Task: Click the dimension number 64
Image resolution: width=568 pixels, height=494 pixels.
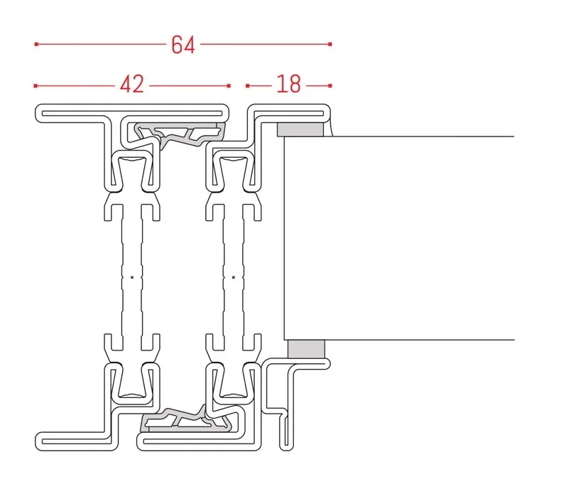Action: click(182, 45)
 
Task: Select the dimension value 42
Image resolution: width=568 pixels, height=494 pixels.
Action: click(132, 85)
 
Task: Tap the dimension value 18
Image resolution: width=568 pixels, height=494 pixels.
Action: click(288, 85)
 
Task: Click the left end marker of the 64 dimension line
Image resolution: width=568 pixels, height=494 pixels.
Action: click(35, 44)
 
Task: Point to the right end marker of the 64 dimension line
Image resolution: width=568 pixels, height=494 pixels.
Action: click(330, 44)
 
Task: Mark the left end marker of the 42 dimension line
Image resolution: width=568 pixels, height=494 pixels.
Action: click(35, 86)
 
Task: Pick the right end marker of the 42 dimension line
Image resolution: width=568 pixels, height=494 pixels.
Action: click(229, 86)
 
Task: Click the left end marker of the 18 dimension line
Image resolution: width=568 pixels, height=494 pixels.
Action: click(247, 86)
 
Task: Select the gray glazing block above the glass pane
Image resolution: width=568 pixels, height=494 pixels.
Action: click(298, 129)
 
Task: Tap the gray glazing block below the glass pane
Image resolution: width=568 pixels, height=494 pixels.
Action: click(306, 349)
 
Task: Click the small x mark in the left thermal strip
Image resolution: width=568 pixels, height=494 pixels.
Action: click(132, 276)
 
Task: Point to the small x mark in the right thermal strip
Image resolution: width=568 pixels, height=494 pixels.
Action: click(234, 276)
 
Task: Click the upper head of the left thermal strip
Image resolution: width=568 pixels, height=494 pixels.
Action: click(132, 171)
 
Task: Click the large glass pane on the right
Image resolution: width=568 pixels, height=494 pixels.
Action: click(398, 238)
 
